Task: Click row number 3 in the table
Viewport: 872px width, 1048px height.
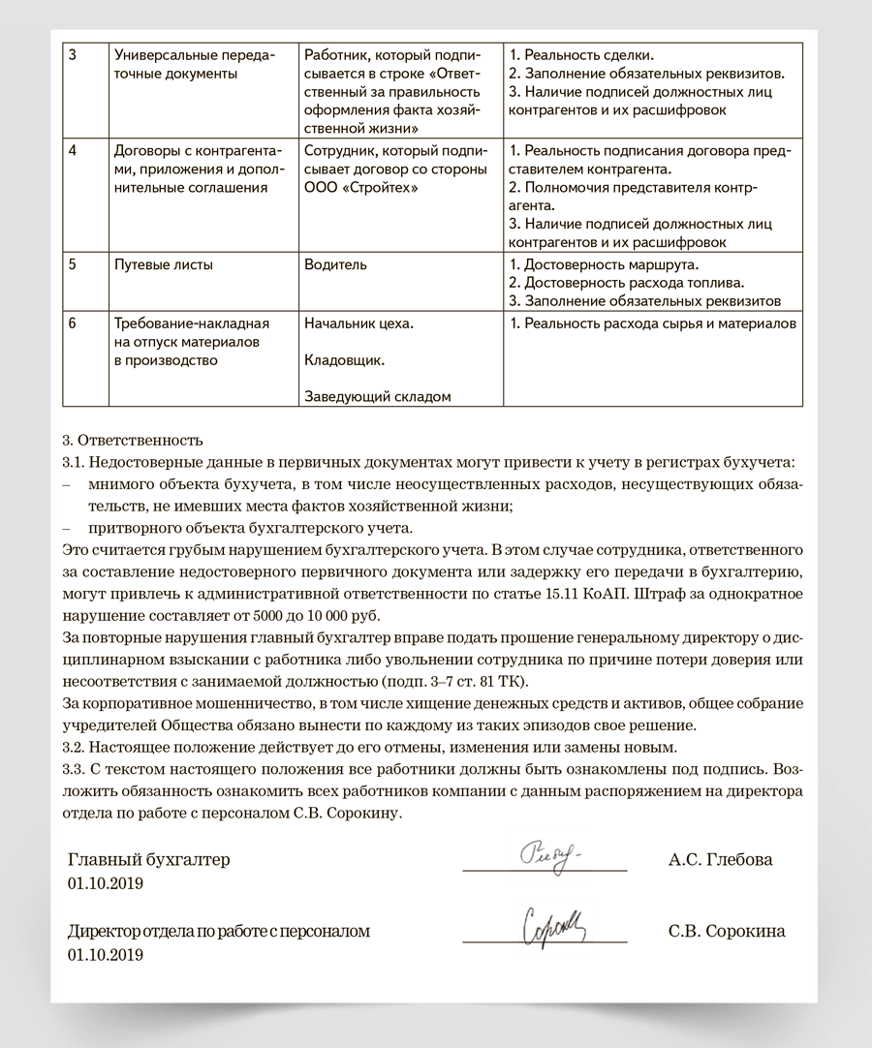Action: [x=74, y=55]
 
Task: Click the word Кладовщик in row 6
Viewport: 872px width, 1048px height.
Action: [x=344, y=360]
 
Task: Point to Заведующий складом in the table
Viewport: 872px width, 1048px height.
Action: [x=377, y=395]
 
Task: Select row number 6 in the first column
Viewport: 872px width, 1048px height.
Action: [x=74, y=324]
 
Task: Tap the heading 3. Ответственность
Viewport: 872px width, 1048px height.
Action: [x=132, y=439]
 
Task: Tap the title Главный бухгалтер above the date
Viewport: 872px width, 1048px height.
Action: [x=149, y=860]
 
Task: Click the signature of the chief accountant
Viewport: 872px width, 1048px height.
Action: [x=548, y=857]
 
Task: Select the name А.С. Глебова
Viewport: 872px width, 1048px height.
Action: [x=720, y=860]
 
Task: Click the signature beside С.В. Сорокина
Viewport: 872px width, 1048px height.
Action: [x=553, y=928]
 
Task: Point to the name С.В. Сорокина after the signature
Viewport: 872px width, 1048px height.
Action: [x=727, y=932]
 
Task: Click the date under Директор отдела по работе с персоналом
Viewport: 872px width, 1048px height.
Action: [x=106, y=955]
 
